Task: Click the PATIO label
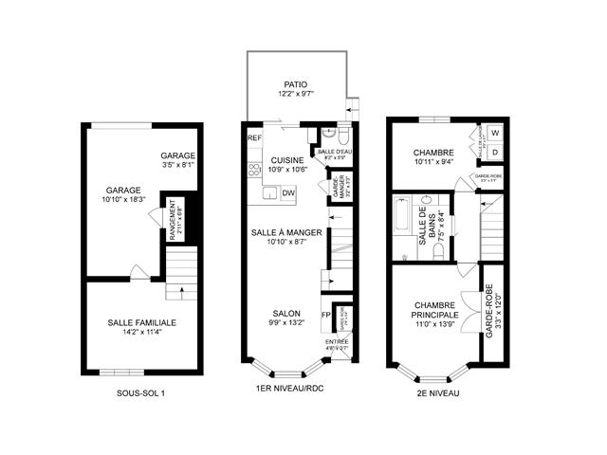tap(299, 82)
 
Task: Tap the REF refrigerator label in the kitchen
tap(254, 138)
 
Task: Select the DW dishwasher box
tap(288, 193)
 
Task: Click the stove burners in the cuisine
tap(254, 171)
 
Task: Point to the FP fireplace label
tap(325, 315)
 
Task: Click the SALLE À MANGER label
tap(286, 232)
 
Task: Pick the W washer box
tap(495, 133)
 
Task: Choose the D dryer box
tap(495, 152)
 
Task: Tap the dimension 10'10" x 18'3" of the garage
tap(124, 199)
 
